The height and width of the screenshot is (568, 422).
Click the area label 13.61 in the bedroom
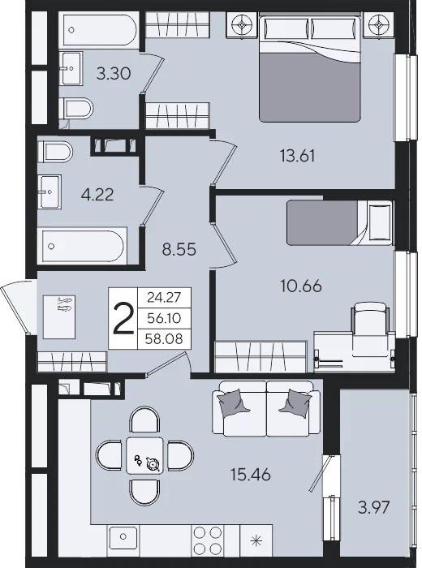click(297, 156)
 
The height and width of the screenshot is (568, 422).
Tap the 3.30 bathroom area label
click(114, 74)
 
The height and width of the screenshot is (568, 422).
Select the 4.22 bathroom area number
click(97, 195)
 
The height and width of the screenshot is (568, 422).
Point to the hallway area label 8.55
click(179, 250)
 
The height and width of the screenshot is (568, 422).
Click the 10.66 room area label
click(301, 286)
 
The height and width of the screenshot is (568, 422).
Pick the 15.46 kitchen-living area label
click(251, 474)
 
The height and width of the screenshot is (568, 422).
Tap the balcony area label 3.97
click(374, 507)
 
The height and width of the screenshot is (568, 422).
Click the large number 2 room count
click(123, 318)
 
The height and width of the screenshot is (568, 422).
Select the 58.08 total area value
click(164, 339)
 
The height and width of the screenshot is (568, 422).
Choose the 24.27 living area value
click(164, 298)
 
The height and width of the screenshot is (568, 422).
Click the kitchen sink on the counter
click(123, 540)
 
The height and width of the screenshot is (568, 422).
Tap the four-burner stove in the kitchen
click(208, 540)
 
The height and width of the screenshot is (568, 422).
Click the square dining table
click(144, 455)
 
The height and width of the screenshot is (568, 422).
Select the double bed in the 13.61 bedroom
click(310, 67)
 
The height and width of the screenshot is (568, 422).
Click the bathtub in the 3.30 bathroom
click(99, 29)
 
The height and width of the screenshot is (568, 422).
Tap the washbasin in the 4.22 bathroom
click(50, 191)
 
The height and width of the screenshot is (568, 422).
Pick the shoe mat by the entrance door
click(59, 316)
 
